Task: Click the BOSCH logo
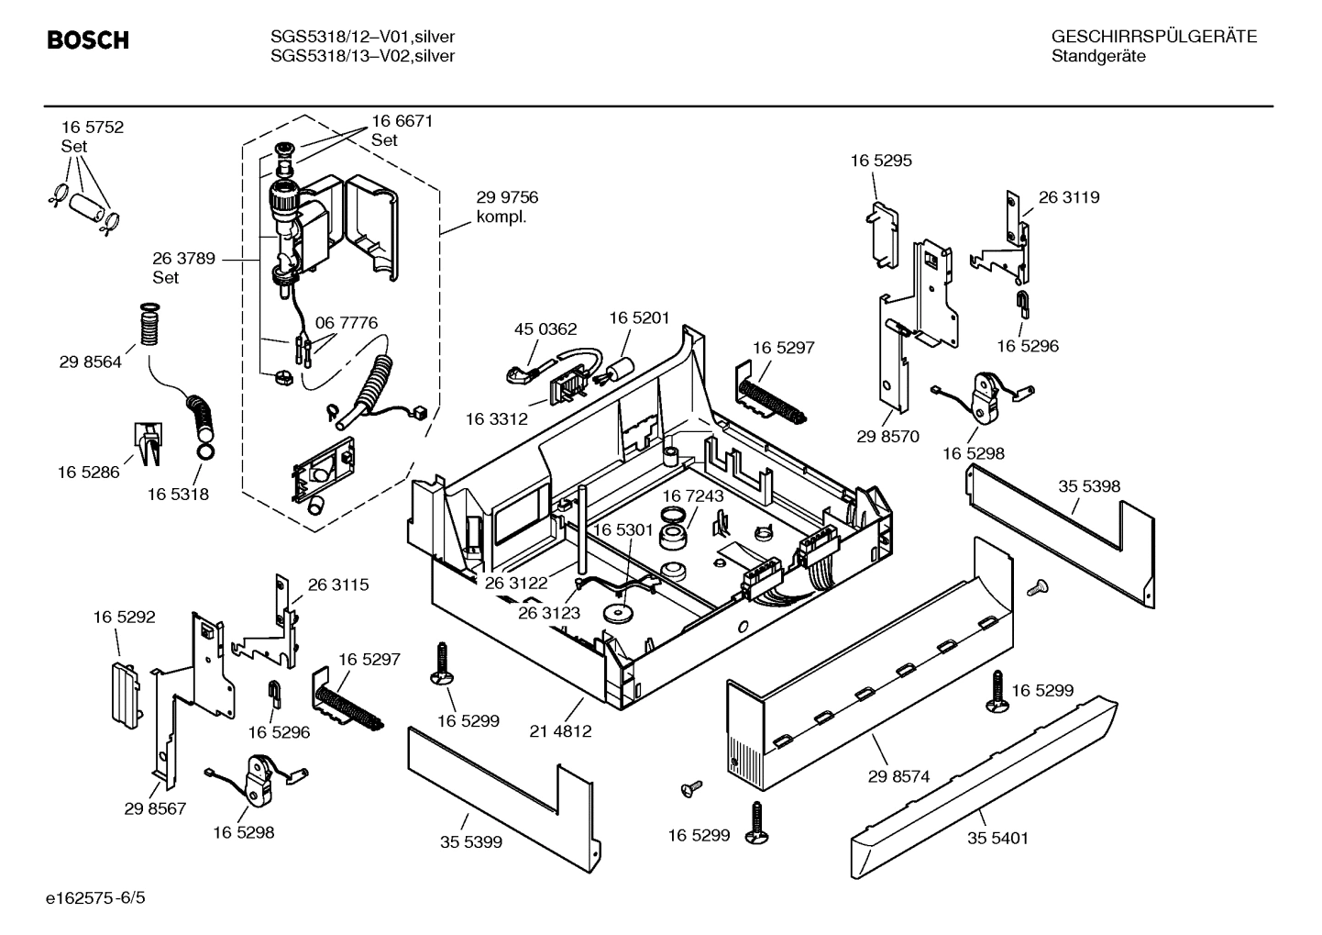(87, 41)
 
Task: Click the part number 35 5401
(997, 838)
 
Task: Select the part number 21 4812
(560, 731)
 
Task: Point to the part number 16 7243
(693, 495)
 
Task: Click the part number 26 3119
(1069, 197)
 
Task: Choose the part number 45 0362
(545, 329)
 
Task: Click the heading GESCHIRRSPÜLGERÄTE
(1153, 37)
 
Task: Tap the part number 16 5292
(124, 618)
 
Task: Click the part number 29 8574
(898, 776)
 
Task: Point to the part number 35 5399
(471, 841)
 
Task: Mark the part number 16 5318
(178, 495)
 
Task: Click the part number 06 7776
(347, 323)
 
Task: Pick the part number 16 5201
(640, 317)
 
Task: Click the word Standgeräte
(1098, 57)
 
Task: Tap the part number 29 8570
(887, 437)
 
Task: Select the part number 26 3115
(338, 584)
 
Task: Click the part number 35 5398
(1089, 486)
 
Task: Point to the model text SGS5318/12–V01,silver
(362, 37)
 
